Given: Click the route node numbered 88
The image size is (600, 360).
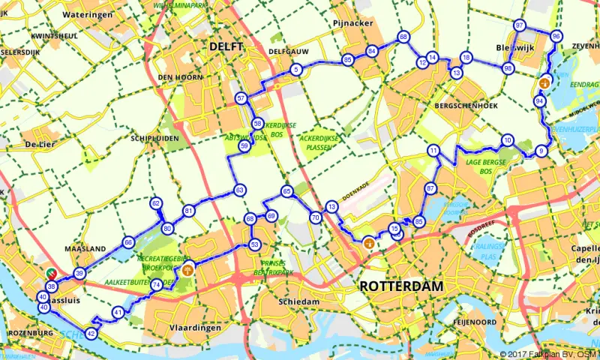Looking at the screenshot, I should pos(403,37).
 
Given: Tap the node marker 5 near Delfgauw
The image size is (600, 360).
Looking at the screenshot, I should pos(296,70).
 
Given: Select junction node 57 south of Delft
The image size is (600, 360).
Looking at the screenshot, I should pos(241,98).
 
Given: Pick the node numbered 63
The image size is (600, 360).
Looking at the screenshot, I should pos(239,190).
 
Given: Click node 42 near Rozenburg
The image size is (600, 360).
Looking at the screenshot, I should pos(91,333).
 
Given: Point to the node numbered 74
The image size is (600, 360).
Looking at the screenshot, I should pos(156,285).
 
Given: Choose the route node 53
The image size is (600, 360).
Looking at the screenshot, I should pos(255,244).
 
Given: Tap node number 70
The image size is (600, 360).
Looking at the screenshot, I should pos(315,217).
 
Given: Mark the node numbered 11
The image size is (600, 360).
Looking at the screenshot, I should pos(433,151).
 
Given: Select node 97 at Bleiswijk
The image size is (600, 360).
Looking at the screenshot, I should pos(519,25).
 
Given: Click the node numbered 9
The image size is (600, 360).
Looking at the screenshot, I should pos(541,151).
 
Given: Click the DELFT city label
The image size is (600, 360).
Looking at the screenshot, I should pos(226,46).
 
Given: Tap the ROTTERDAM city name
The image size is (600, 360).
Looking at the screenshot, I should pos(400,286).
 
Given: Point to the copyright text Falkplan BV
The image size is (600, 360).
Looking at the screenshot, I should pos(547,354).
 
